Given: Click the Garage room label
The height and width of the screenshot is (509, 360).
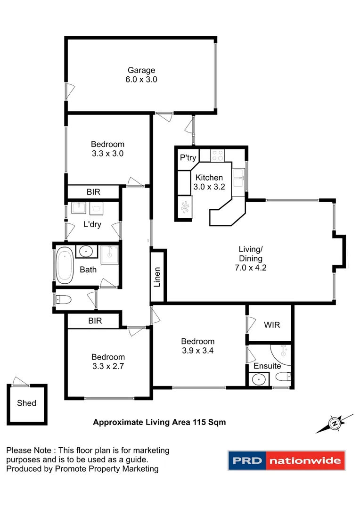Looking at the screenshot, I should pos(141,70).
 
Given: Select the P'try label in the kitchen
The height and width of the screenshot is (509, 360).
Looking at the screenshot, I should pos(188,158).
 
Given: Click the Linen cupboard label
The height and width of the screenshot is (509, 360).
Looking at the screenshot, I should pos(158,277).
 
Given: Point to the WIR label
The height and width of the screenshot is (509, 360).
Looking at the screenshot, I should pos(271,325).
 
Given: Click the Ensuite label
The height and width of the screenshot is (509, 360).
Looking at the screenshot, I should pos(267,366).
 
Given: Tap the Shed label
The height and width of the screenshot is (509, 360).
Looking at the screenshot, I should pos(26,403).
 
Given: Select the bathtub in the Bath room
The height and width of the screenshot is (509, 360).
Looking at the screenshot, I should pos(64,266).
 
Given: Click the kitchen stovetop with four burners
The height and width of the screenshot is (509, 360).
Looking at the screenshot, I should pos(218,155).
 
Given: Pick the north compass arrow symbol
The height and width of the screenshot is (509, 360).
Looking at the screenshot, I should pos(335,423).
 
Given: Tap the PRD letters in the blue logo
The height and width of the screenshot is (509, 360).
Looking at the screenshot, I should pos(247,460).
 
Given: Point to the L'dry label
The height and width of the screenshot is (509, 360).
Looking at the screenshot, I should pos(92,225).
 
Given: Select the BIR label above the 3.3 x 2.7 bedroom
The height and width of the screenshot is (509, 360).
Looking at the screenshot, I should pos(93,321).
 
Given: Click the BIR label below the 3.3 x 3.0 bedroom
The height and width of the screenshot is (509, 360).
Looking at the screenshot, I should pos(93,192).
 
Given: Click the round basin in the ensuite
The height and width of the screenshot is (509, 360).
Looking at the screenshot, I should pos(258,379).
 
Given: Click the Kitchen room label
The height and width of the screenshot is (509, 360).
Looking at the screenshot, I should pos(209,178).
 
